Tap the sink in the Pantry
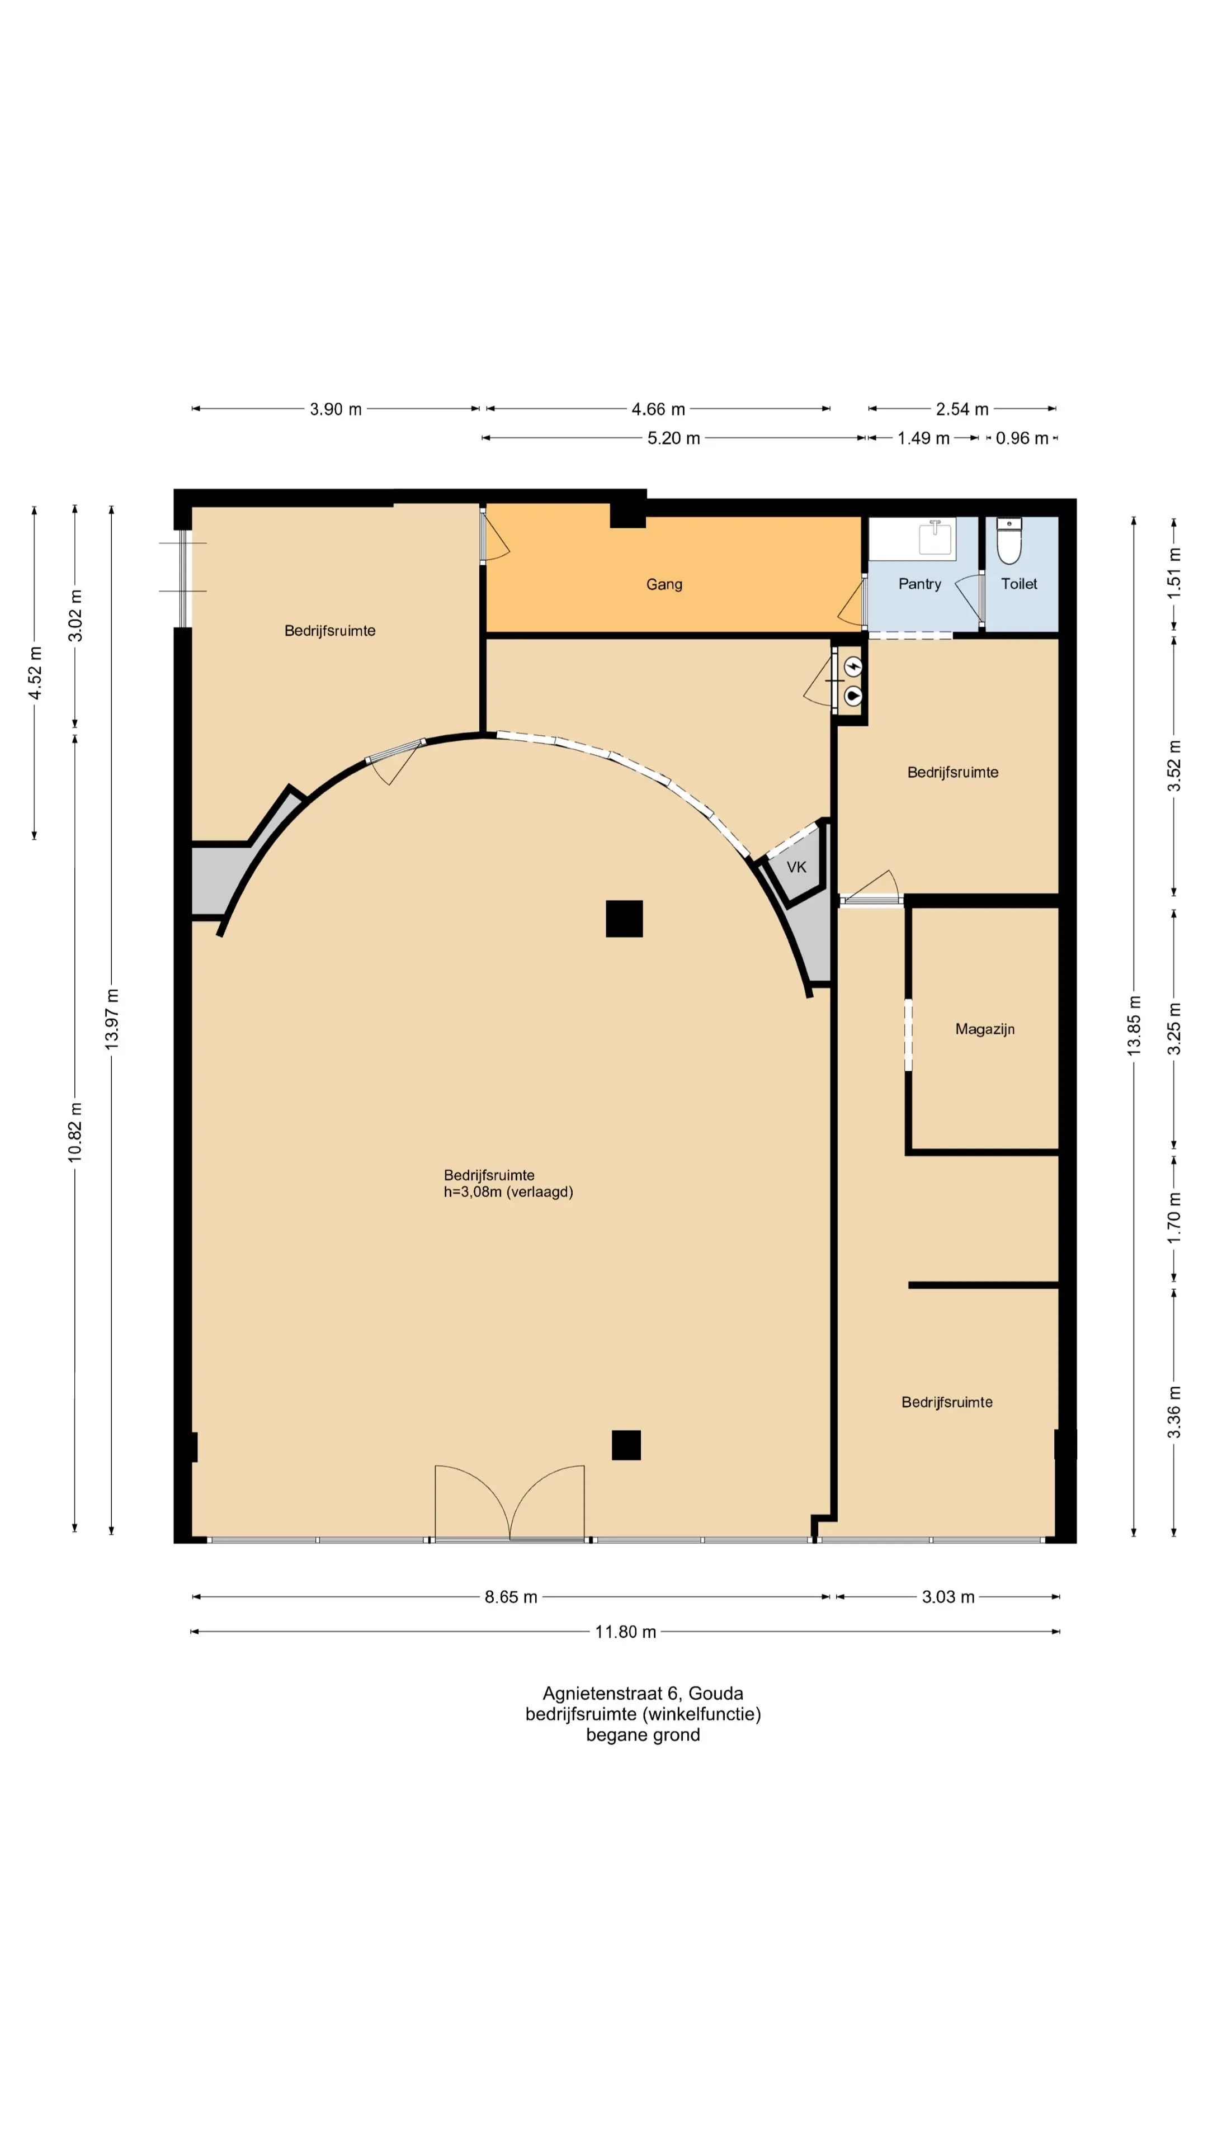coord(936,537)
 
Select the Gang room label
coord(664,585)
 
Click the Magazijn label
coord(984,1029)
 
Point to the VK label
coord(796,867)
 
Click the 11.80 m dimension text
coord(625,1632)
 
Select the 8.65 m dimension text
coord(511,1597)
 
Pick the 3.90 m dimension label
coord(336,409)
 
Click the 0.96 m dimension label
coord(1022,438)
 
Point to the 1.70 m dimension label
coord(1174,1218)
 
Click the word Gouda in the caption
coord(715,1694)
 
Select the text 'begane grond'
coord(643,1735)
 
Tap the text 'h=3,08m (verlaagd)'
coord(508,1192)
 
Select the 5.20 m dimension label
coord(673,438)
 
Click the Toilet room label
coord(1019,584)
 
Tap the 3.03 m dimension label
coord(948,1597)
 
